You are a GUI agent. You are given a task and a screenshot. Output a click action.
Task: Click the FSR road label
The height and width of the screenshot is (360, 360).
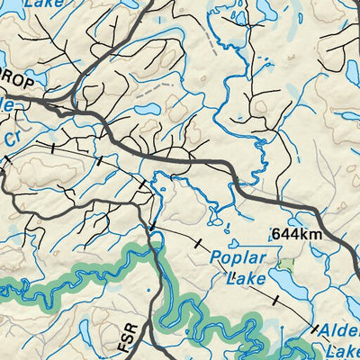pos(130,343)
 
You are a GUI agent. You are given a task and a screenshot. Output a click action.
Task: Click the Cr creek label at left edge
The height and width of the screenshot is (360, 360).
pos(12,139)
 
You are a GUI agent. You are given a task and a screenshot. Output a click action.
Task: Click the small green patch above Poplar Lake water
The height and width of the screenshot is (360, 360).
pos(287,265)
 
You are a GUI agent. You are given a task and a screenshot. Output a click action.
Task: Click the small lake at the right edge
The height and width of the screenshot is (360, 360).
pos(353,72)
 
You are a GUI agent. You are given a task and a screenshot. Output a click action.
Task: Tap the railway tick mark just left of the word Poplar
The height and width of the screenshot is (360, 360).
pos(197,244)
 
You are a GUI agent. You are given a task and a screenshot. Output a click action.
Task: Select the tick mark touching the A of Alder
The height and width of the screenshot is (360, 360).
pos(316,329)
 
